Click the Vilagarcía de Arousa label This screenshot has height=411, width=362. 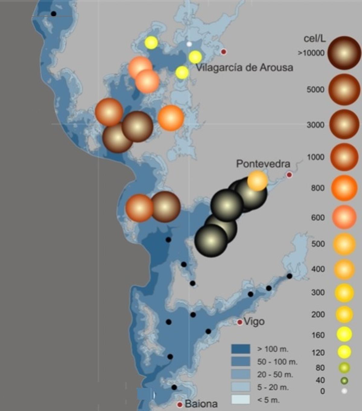coord(244,67)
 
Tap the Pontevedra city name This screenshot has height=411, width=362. coord(263,164)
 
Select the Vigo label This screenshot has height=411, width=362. coord(254,321)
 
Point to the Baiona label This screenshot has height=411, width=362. coord(201,404)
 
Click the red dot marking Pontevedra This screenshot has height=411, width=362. coord(289,175)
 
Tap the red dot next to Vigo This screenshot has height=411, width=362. coord(240,322)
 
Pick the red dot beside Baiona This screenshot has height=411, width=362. coord(180,404)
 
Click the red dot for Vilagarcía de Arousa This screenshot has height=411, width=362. coord(224,52)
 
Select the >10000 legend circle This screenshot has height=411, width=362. coord(344,53)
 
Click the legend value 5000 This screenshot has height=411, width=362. coord(315,90)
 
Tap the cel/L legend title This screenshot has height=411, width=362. coord(315,39)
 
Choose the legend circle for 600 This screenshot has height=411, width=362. coord(344,217)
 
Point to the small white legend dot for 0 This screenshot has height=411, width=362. coord(344,391)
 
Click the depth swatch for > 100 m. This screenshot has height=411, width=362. coord(240,349)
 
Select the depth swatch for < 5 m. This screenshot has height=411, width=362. coord(240,400)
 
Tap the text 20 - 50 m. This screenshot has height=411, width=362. coord(275,375)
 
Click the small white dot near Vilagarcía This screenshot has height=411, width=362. coord(189,44)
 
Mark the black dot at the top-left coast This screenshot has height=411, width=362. coord(53,14)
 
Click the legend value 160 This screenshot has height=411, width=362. coord(318,335)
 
